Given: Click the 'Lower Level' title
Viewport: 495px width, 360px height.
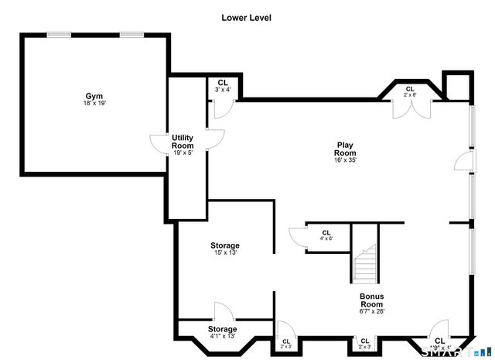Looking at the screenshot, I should point(246,17).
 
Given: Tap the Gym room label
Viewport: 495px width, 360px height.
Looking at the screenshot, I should point(94,96).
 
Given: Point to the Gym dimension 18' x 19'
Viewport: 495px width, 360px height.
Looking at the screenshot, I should point(94,104).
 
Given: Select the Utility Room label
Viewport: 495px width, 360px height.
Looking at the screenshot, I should point(183,142).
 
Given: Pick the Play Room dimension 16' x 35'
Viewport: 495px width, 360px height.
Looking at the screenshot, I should point(345,160).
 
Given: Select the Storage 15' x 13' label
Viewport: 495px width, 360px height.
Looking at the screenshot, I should point(224,245).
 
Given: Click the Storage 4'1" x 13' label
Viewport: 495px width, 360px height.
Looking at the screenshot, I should point(222,329).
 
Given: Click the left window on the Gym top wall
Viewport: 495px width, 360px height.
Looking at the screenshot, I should point(58,34).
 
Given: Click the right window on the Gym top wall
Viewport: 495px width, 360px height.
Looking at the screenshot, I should point(131,34).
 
